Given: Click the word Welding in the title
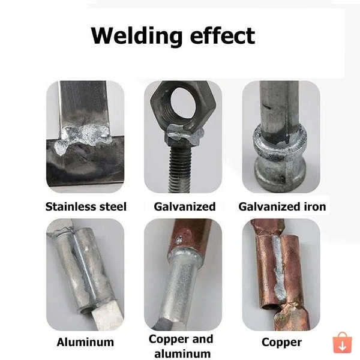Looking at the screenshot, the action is (x=136, y=37).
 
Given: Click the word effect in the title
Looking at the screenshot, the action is (x=223, y=35).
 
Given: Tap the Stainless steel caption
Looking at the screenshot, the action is (x=86, y=206).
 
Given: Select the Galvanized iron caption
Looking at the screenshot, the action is (x=282, y=206).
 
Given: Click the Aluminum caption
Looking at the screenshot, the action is (x=85, y=342).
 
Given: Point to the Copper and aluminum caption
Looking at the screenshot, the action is (x=181, y=346).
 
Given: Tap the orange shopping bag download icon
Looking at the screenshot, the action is (x=343, y=343).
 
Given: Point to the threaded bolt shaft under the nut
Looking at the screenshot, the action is (x=181, y=169).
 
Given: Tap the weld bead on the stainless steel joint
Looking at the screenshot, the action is (x=83, y=138).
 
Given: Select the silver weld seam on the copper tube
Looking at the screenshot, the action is (x=278, y=268).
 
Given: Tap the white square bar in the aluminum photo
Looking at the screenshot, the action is (x=107, y=315).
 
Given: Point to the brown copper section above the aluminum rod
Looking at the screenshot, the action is (x=190, y=234).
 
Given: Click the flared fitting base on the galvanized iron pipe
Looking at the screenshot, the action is (x=281, y=171).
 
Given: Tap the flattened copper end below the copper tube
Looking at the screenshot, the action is (x=292, y=318).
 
